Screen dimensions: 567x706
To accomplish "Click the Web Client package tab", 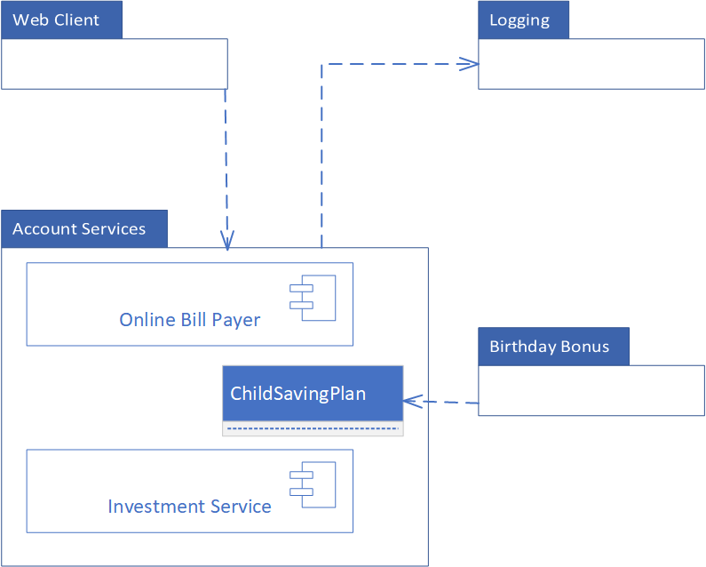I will click(61, 20).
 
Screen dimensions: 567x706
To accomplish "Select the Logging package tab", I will click(523, 20).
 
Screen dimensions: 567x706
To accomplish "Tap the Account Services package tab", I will click(84, 228).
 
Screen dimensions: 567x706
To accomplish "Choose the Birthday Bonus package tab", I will click(553, 346).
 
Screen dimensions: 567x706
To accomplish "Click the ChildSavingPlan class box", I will click(312, 394).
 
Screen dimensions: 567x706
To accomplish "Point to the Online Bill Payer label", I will click(189, 320).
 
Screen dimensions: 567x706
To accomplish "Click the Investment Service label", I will click(189, 507).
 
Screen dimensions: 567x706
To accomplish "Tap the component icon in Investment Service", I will click(312, 483).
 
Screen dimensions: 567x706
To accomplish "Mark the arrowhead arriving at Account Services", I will click(227, 241).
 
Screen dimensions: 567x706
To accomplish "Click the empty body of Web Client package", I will click(114, 64).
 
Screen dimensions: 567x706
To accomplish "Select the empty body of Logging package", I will click(591, 64).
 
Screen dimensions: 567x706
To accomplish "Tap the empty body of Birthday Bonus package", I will click(591, 390).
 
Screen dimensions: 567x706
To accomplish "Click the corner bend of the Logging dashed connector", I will click(321, 64).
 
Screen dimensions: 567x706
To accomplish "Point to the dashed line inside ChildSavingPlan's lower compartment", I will click(312, 428).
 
